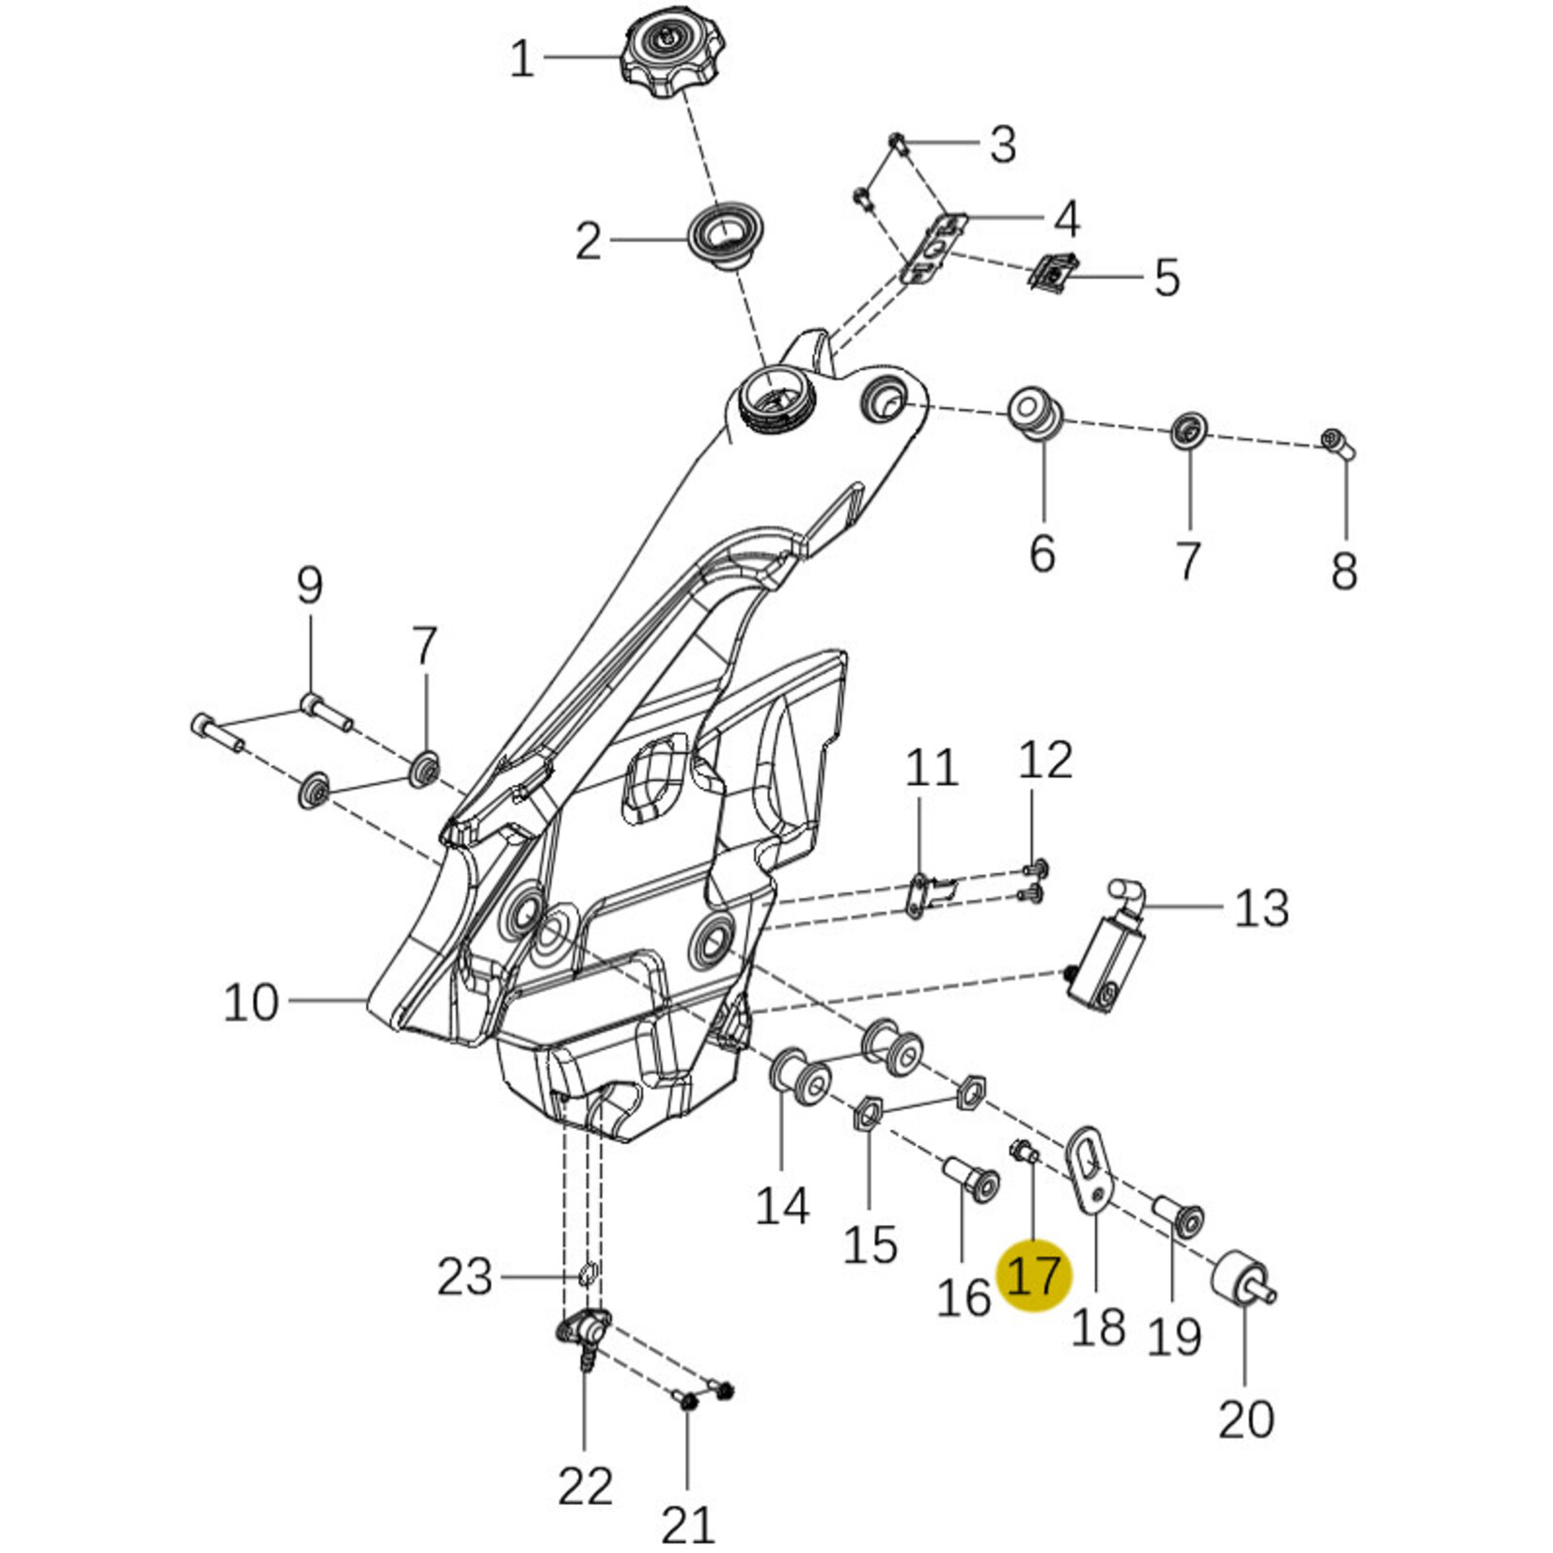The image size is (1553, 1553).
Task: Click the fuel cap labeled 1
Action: (665, 57)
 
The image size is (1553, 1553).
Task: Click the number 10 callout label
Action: (252, 1003)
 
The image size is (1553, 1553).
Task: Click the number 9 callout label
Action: (309, 586)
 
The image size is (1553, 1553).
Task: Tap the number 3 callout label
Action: (1003, 145)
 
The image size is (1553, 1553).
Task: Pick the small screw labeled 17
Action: (1023, 1150)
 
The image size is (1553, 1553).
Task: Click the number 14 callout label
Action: (782, 1205)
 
